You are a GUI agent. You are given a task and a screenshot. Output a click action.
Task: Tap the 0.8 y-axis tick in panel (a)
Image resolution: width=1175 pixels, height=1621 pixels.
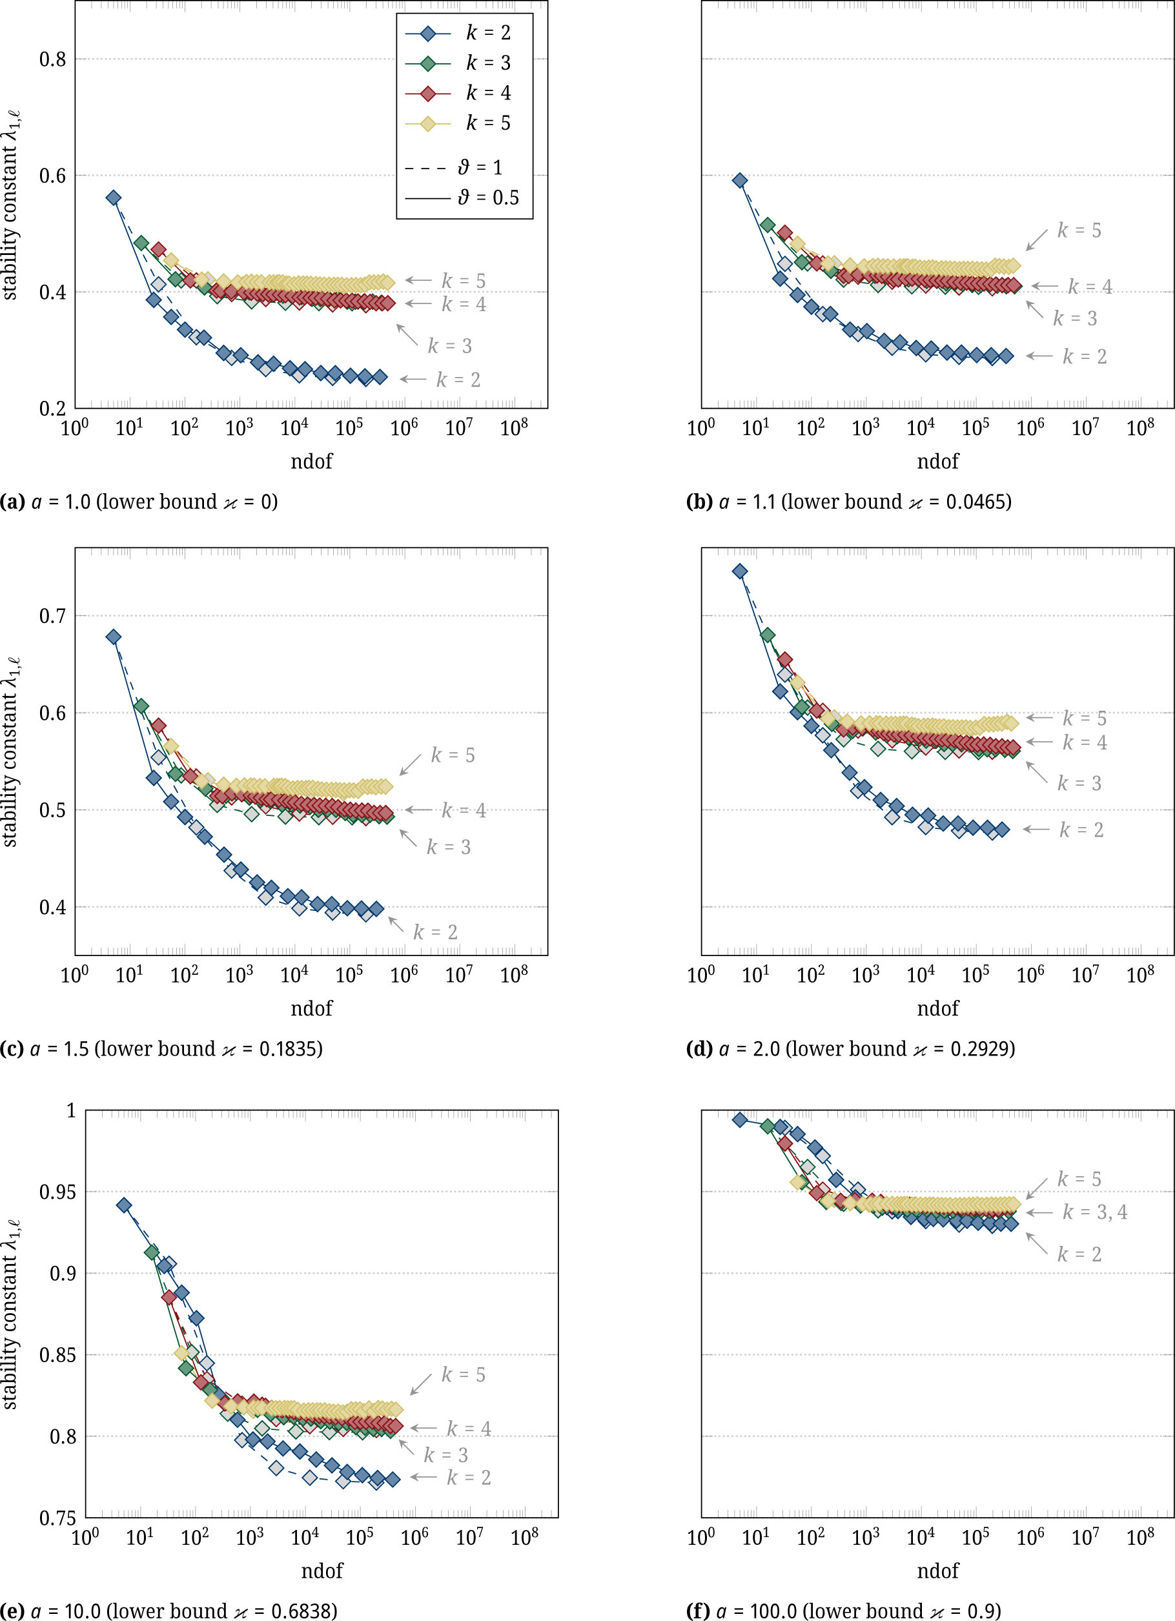52,59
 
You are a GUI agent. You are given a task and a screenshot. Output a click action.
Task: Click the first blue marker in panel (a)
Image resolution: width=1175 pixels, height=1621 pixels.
113,198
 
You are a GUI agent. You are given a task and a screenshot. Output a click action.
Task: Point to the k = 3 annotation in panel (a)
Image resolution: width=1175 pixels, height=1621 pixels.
449,346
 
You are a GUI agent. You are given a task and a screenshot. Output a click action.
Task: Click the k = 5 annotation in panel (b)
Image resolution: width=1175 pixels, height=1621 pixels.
1079,230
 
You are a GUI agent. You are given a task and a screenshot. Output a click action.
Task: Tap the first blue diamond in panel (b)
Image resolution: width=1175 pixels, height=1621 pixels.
740,181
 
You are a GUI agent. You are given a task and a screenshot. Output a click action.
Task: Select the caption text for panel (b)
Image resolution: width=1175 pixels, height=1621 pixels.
848,502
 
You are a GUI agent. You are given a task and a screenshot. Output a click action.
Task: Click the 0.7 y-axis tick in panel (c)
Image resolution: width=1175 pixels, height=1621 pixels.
52,615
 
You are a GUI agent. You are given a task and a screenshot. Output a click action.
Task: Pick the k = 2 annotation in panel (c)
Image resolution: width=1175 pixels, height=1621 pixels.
435,932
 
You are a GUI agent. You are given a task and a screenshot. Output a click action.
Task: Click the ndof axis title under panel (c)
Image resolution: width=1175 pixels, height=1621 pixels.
311,1008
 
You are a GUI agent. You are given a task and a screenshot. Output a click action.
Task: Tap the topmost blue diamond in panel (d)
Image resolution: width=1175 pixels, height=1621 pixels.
740,571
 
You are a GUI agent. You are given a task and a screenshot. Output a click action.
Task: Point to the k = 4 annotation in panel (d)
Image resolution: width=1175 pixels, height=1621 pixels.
1084,742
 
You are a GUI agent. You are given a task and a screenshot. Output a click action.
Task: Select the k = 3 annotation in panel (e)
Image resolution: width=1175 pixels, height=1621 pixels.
445,1454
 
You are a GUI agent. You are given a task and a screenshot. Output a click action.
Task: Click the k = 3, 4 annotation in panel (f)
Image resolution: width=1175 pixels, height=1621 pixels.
1094,1212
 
